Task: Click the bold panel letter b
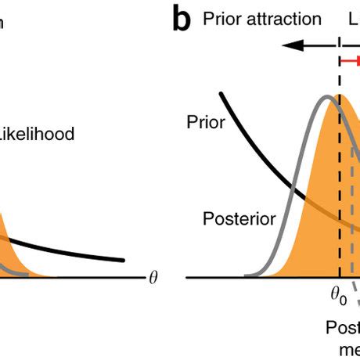click(x=182, y=20)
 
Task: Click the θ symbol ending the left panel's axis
click(x=153, y=278)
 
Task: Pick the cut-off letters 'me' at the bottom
click(x=349, y=350)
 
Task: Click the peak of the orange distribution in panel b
click(x=340, y=95)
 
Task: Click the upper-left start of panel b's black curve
click(x=222, y=94)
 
